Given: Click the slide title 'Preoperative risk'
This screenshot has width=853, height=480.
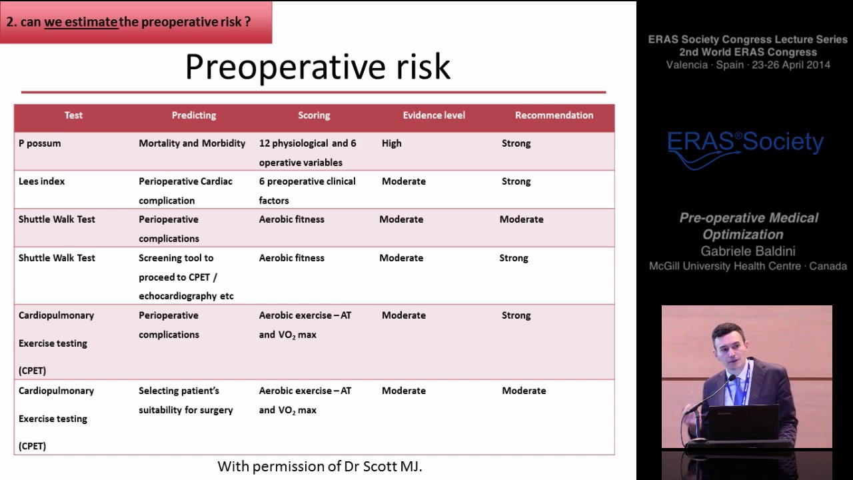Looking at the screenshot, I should [317, 67].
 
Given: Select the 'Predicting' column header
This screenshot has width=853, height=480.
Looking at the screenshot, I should [194, 115].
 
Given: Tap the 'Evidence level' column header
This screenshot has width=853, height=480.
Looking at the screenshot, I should [434, 115].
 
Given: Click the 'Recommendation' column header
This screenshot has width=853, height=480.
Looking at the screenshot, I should [554, 115].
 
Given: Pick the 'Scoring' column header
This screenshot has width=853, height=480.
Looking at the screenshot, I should [314, 115].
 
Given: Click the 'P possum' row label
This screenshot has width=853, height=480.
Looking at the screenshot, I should [40, 143].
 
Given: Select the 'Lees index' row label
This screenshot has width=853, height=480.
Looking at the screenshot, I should [42, 181].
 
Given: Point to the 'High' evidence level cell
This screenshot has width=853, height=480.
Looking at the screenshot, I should [392, 143].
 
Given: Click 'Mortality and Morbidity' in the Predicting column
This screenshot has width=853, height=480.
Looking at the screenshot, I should [192, 143].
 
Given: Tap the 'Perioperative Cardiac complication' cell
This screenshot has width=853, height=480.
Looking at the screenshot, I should [185, 191].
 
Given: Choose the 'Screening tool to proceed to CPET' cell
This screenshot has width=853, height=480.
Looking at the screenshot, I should [186, 277].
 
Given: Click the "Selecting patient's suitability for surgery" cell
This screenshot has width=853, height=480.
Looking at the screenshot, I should [185, 400].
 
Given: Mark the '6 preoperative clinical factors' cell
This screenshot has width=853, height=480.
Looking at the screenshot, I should [307, 191].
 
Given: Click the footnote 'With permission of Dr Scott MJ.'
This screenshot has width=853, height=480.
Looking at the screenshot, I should [320, 467].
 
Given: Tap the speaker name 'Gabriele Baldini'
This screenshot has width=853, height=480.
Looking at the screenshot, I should [748, 251].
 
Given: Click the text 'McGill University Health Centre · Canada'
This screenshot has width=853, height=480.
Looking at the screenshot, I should [748, 266].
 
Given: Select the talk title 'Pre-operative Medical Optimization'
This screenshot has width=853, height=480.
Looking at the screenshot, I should [748, 226].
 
